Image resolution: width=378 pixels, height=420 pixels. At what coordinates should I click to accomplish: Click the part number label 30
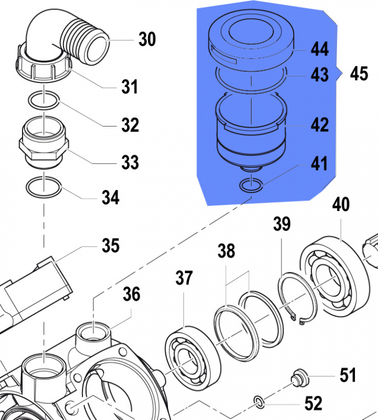click(147, 39)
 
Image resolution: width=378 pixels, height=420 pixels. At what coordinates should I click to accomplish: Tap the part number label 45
click(359, 74)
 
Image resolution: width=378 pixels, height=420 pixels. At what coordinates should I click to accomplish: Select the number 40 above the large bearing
click(341, 204)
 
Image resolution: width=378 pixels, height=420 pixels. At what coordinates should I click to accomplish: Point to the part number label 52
click(313, 403)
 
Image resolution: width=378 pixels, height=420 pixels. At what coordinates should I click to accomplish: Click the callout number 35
click(111, 245)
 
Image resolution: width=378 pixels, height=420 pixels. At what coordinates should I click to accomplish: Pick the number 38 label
click(227, 252)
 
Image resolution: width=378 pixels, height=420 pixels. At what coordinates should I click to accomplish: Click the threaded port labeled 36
click(94, 333)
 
